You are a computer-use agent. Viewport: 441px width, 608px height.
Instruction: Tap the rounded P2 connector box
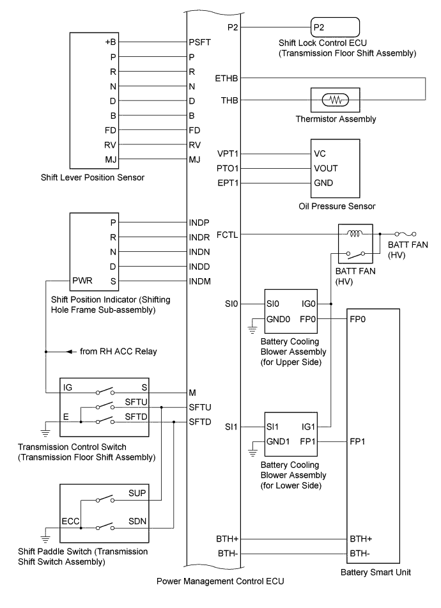tap(334, 28)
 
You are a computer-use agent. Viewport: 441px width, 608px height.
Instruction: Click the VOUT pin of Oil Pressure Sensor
tap(325, 168)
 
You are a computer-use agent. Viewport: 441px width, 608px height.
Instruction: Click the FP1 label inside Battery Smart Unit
tap(359, 441)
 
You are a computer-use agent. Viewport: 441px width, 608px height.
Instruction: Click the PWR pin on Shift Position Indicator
tap(83, 281)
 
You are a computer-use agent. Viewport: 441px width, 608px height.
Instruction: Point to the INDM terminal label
tap(201, 281)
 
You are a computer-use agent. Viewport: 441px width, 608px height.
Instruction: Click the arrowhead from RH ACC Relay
tap(69, 352)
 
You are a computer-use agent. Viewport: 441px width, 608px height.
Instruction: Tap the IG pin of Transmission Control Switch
tap(68, 387)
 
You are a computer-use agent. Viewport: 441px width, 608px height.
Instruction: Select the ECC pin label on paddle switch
tap(72, 521)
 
